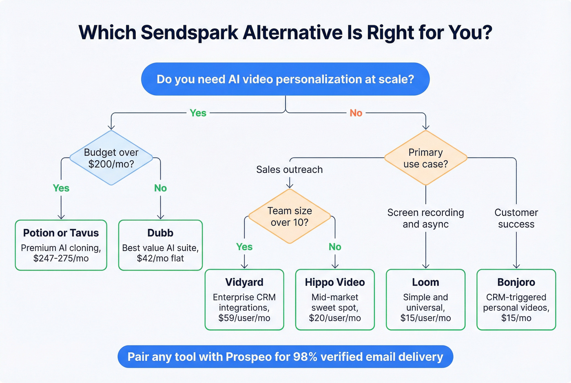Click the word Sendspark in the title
click(189, 33)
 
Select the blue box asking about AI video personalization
click(285, 79)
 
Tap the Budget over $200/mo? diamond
click(111, 158)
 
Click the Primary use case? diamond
click(425, 158)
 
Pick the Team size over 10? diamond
click(290, 216)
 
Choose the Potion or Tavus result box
click(61, 245)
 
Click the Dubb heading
click(160, 233)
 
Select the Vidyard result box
click(244, 299)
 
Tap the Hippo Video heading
click(335, 282)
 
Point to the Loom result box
click(425, 299)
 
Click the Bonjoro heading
click(516, 282)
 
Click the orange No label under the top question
click(356, 113)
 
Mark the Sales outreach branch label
click(290, 170)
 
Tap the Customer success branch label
click(516, 218)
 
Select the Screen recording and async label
click(425, 218)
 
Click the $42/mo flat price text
click(160, 258)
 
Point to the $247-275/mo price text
click(61, 258)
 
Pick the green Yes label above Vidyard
click(244, 247)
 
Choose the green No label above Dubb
click(160, 188)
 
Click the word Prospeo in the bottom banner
click(248, 357)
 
